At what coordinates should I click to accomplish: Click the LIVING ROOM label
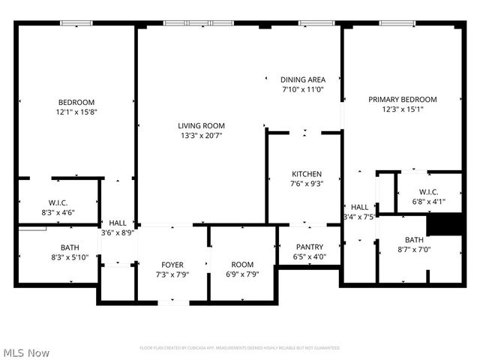tap(201, 125)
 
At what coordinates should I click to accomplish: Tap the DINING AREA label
tap(302, 79)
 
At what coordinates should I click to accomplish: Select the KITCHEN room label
tap(306, 174)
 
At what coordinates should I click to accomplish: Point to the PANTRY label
tap(309, 247)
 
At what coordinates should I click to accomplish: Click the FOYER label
tap(172, 265)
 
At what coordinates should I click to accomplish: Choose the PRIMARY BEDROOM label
tap(402, 99)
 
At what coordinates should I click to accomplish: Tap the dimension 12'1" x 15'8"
tap(76, 112)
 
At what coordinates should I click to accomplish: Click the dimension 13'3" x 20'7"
tap(201, 136)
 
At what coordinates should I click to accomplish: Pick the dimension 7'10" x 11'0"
tap(302, 89)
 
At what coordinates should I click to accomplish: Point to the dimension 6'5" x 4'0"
tap(309, 256)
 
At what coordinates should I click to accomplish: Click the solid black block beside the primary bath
tap(441, 224)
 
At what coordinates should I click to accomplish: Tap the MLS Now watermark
tap(26, 352)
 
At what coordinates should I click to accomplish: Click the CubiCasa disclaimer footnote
tap(240, 348)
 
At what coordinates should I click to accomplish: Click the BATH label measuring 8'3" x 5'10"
tap(70, 247)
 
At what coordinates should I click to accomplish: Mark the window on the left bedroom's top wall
tap(76, 24)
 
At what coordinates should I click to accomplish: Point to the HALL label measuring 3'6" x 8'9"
tap(118, 223)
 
